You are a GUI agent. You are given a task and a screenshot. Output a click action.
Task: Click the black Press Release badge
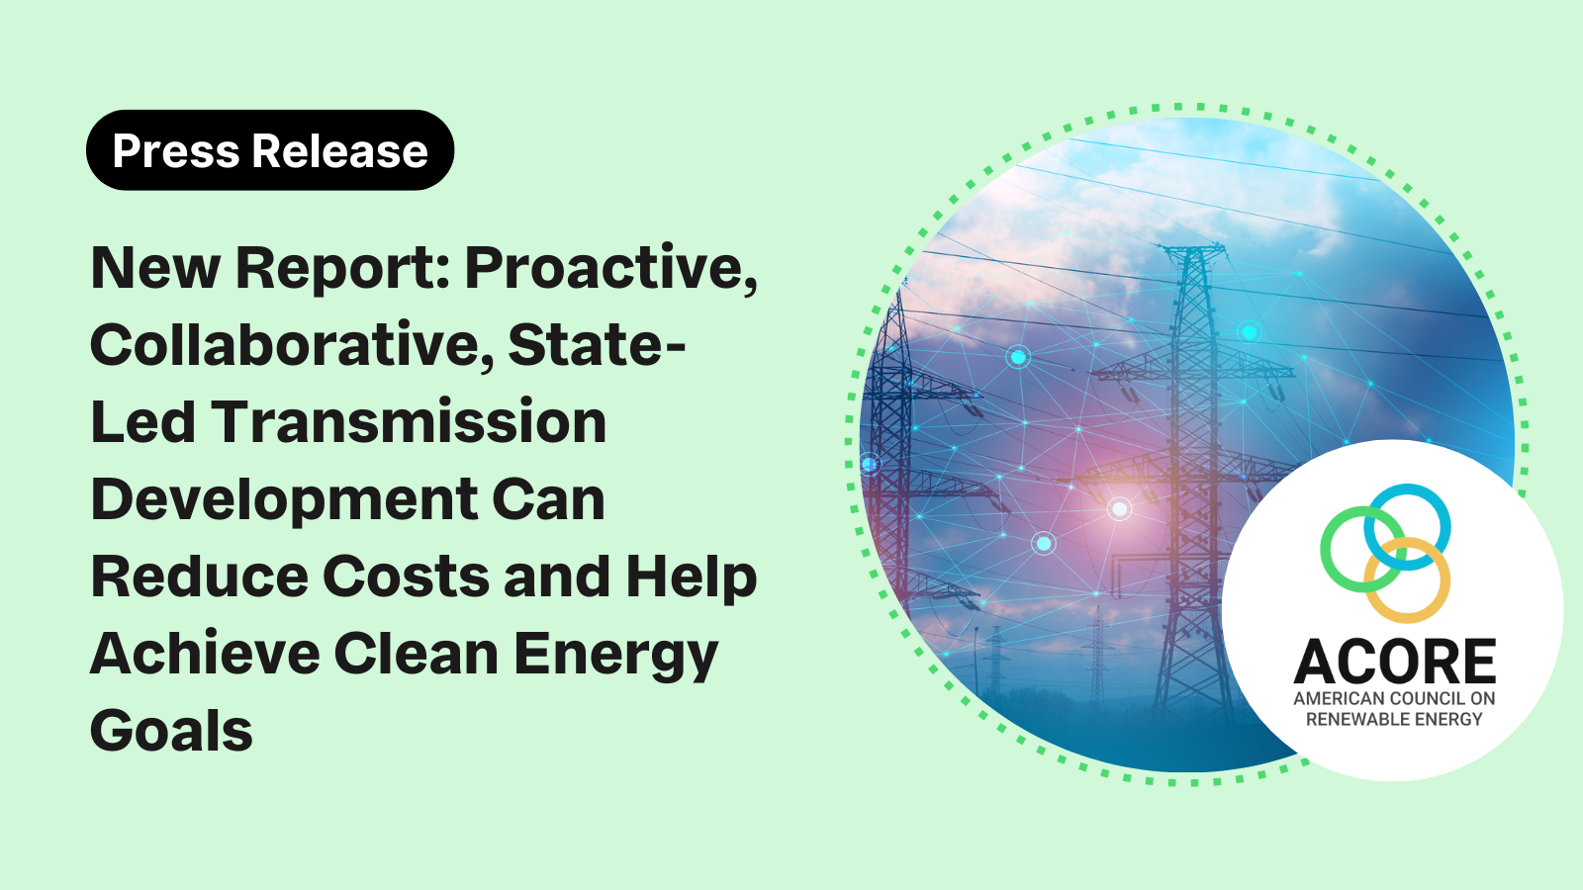tap(270, 149)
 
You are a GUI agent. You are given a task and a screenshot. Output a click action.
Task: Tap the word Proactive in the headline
tap(611, 269)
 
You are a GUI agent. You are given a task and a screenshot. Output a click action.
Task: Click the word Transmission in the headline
tap(409, 421)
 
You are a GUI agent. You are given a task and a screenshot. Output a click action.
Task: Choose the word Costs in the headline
tap(406, 577)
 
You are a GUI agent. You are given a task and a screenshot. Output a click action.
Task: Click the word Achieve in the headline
tap(205, 654)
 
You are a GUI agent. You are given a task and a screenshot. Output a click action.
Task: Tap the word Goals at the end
tap(172, 731)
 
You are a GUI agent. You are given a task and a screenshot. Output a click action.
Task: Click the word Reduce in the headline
tap(200, 577)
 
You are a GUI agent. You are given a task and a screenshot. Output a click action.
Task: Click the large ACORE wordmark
tap(1394, 662)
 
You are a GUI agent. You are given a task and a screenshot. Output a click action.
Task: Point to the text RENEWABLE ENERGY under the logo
tap(1394, 719)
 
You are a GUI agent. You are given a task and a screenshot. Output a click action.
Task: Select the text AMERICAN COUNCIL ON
tap(1394, 698)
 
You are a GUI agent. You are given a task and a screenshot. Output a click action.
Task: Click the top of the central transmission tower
tap(1193, 246)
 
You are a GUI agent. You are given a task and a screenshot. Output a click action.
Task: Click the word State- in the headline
tap(598, 345)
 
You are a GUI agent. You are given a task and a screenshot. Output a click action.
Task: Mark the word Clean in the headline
tap(417, 654)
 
